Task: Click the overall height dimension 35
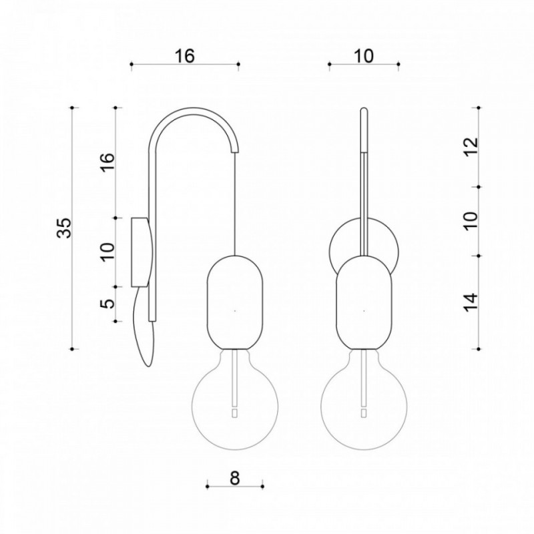click(64, 228)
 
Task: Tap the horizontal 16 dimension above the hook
click(185, 56)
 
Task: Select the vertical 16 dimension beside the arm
click(108, 162)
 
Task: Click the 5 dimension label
click(108, 303)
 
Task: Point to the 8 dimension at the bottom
click(235, 478)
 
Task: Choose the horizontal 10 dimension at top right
click(364, 56)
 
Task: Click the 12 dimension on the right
click(472, 147)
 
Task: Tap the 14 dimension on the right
click(472, 302)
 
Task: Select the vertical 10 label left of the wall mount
click(108, 252)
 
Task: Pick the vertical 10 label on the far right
click(472, 221)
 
